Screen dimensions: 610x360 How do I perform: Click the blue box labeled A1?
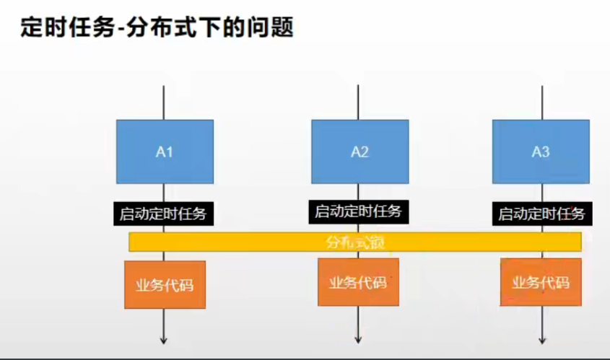165,152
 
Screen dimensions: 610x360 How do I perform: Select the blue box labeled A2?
360,152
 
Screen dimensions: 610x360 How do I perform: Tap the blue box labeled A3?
541,152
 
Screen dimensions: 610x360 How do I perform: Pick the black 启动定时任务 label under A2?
359,212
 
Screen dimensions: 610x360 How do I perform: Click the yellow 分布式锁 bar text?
355,242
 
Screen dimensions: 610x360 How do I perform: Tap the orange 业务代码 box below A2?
358,281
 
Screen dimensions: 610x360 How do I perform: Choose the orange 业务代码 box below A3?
541,281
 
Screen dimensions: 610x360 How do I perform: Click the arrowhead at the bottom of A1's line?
165,338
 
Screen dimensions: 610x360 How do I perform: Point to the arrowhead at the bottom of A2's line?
358,338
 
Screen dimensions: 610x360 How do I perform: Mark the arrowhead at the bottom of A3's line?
542,338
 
